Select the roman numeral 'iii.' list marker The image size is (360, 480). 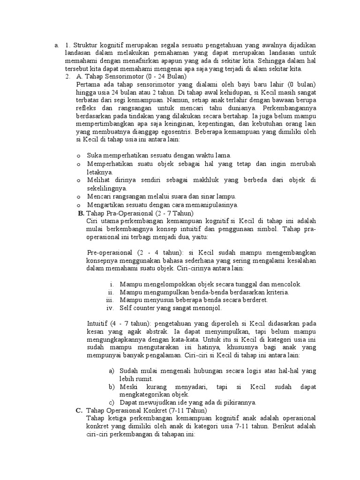[x=110, y=300]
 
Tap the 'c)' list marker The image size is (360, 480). [x=111, y=402]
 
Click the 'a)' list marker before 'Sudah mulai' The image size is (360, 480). [x=111, y=370]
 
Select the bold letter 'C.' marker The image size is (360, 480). [x=79, y=410]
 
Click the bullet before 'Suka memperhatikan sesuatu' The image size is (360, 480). [x=78, y=155]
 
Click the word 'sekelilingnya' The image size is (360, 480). [x=108, y=188]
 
